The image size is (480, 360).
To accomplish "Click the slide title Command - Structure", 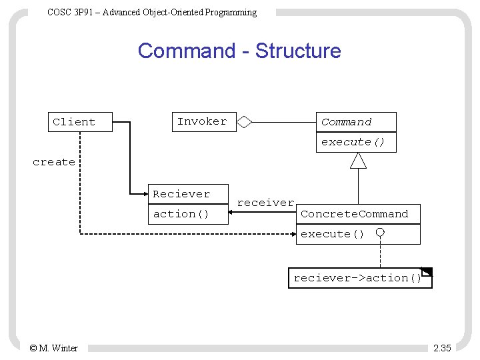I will point(239,51).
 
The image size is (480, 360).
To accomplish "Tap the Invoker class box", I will point(204,121).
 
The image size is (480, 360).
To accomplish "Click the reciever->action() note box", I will point(359,278).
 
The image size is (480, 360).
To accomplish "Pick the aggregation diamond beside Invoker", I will point(245,122).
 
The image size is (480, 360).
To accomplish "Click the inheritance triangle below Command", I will point(359,161).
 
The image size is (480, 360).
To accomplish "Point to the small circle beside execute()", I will point(379,233).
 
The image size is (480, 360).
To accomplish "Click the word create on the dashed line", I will point(54,162).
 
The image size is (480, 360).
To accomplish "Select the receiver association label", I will point(265,203).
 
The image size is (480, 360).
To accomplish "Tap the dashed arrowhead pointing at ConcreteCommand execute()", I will point(294,233).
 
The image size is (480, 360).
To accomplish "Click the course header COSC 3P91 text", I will point(152,12).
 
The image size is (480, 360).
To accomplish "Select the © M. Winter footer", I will point(53,348).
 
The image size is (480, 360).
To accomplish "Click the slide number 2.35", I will point(441,348).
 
